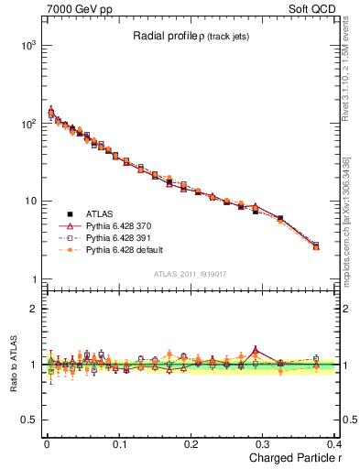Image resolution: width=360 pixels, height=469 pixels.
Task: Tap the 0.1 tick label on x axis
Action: point(118,444)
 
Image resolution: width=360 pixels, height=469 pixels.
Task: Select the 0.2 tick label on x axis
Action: point(191,444)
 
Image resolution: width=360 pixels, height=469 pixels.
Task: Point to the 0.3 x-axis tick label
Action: point(264,444)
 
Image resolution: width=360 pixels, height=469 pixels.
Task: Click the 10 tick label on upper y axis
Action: point(27,201)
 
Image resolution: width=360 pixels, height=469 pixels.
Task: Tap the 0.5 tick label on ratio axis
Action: point(26,420)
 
